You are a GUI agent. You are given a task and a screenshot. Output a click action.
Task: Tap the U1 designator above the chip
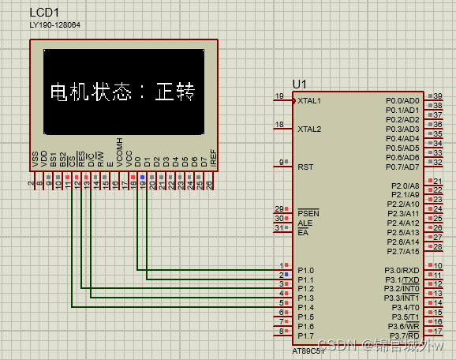click(298, 84)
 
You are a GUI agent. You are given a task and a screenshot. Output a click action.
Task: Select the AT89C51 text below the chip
click(308, 350)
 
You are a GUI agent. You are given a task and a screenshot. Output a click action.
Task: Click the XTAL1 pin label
click(309, 101)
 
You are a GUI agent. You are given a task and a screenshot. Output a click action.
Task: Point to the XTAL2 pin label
click(309, 128)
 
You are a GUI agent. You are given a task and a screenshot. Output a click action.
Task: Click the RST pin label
click(305, 167)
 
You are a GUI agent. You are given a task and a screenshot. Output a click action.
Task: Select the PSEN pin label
click(308, 213)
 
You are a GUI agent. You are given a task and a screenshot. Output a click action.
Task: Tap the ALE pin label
click(305, 223)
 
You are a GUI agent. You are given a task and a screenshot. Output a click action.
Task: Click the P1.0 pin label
click(306, 270)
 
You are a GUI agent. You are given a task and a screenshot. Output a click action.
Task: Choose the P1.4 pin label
click(306, 308)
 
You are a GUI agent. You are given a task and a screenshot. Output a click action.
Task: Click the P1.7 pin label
click(306, 336)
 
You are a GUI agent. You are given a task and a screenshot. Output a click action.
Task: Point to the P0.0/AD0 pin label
click(402, 101)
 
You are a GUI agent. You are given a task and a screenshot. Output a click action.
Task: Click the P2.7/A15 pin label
click(402, 251)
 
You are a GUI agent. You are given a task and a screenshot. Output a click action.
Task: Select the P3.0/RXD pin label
click(402, 270)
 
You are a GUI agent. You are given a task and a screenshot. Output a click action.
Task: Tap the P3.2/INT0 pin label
click(402, 289)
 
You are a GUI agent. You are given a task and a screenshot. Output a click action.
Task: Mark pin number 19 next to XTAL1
click(278, 96)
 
